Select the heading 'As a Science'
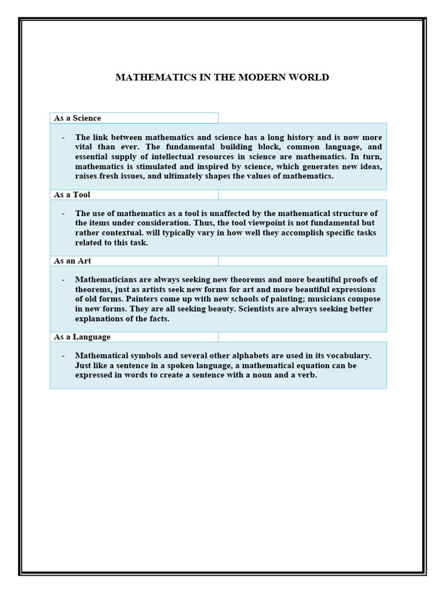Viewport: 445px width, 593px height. (77, 118)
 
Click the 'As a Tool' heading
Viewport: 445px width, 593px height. (72, 195)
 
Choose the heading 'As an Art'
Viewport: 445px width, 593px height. (72, 261)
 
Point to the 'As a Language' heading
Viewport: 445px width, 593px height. (82, 336)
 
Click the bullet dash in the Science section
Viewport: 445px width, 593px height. (63, 137)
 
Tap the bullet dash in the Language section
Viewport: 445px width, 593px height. (63, 356)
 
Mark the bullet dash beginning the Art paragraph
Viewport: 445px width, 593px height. (63, 280)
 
